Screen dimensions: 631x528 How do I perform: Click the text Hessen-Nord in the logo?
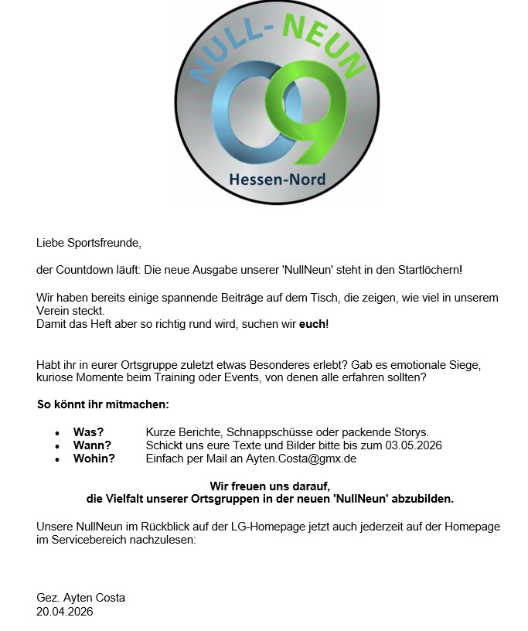pos(277,179)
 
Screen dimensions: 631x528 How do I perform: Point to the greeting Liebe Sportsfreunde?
pos(89,243)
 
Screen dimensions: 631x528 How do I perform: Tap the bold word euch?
pos(313,324)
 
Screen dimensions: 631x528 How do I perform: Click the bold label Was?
pos(88,431)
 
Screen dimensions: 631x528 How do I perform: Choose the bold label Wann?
pos(92,445)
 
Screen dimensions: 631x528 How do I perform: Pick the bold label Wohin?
pos(94,459)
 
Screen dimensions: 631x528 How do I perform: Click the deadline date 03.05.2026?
pos(414,445)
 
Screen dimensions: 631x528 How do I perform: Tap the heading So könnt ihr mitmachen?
pos(103,404)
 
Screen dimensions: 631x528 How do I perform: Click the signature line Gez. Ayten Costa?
pos(80,598)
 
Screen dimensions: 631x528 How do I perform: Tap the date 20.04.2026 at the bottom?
pos(64,611)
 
